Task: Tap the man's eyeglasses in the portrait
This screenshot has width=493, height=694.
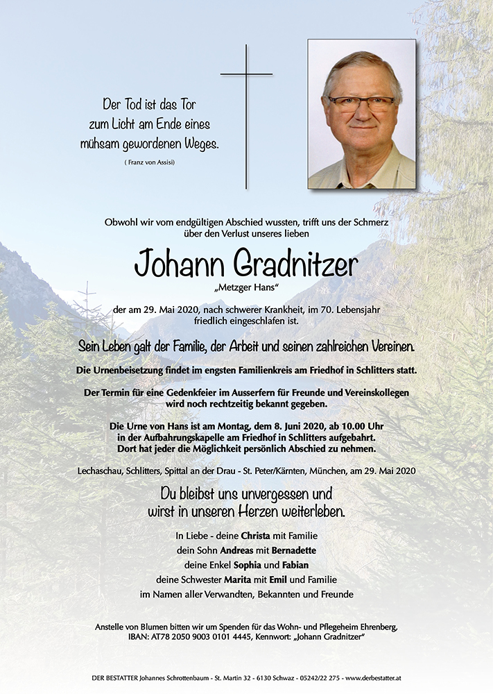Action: click(x=361, y=104)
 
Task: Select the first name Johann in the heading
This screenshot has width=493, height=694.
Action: click(x=179, y=264)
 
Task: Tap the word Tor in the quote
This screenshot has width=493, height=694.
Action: click(x=187, y=105)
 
